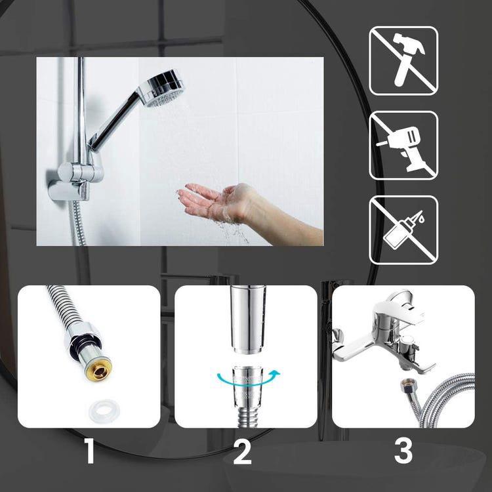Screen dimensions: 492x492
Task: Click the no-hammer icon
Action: tap(403, 60)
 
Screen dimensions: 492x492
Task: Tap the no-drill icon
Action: tap(403, 145)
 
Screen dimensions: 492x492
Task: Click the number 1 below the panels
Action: tap(90, 452)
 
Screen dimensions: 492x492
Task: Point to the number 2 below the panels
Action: tap(242, 452)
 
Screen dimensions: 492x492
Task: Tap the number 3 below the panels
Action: tap(403, 452)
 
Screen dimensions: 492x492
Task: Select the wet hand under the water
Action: tap(216, 201)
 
